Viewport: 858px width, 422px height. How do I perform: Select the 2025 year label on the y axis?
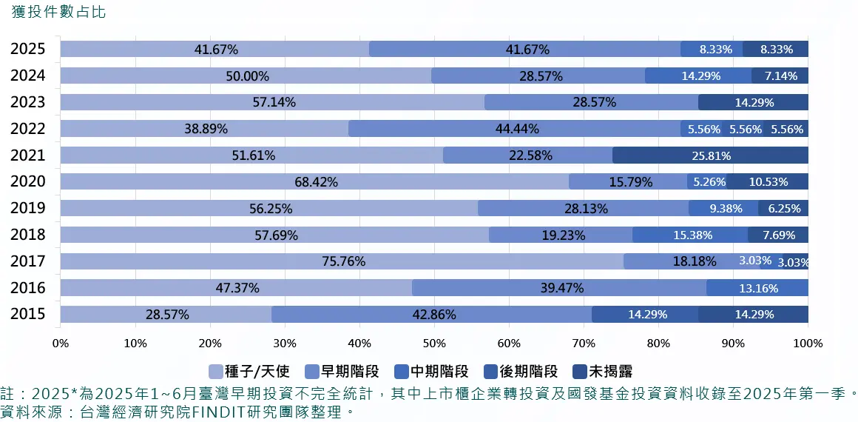click(x=28, y=50)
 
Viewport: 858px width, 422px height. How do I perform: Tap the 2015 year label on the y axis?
click(x=28, y=314)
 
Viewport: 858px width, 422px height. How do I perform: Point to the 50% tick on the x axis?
click(x=434, y=344)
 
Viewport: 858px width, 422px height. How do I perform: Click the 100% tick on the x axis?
click(x=808, y=344)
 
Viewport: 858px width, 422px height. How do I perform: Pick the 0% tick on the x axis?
click(x=61, y=344)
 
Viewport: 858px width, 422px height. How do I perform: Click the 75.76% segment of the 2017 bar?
click(x=342, y=261)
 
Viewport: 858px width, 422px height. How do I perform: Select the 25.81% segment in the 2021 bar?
click(x=710, y=155)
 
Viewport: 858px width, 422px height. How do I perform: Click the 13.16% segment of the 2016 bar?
click(x=757, y=288)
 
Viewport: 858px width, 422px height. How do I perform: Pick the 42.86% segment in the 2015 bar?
click(x=432, y=315)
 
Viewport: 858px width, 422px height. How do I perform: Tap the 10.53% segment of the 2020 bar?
click(x=769, y=182)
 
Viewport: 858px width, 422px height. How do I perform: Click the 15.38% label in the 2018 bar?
click(x=693, y=235)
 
